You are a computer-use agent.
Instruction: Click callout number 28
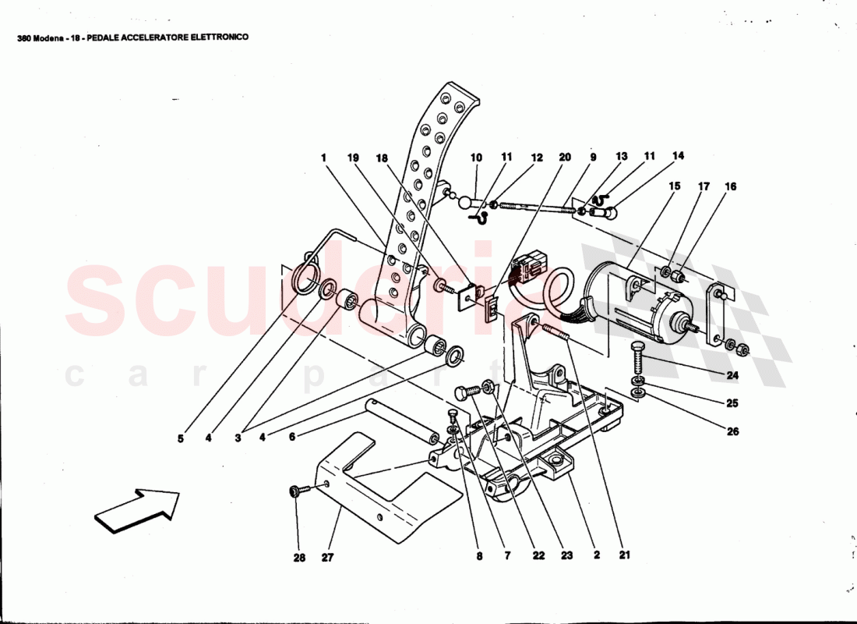click(x=300, y=557)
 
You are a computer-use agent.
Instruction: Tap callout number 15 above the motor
click(x=675, y=186)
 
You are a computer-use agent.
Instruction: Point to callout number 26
click(x=732, y=431)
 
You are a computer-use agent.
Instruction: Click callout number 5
click(x=180, y=438)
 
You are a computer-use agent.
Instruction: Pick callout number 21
click(x=625, y=555)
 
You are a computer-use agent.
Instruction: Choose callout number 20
click(x=565, y=157)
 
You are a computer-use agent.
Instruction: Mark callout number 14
click(x=678, y=156)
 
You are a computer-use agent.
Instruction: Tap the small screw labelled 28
click(x=296, y=491)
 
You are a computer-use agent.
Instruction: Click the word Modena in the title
click(x=49, y=37)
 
